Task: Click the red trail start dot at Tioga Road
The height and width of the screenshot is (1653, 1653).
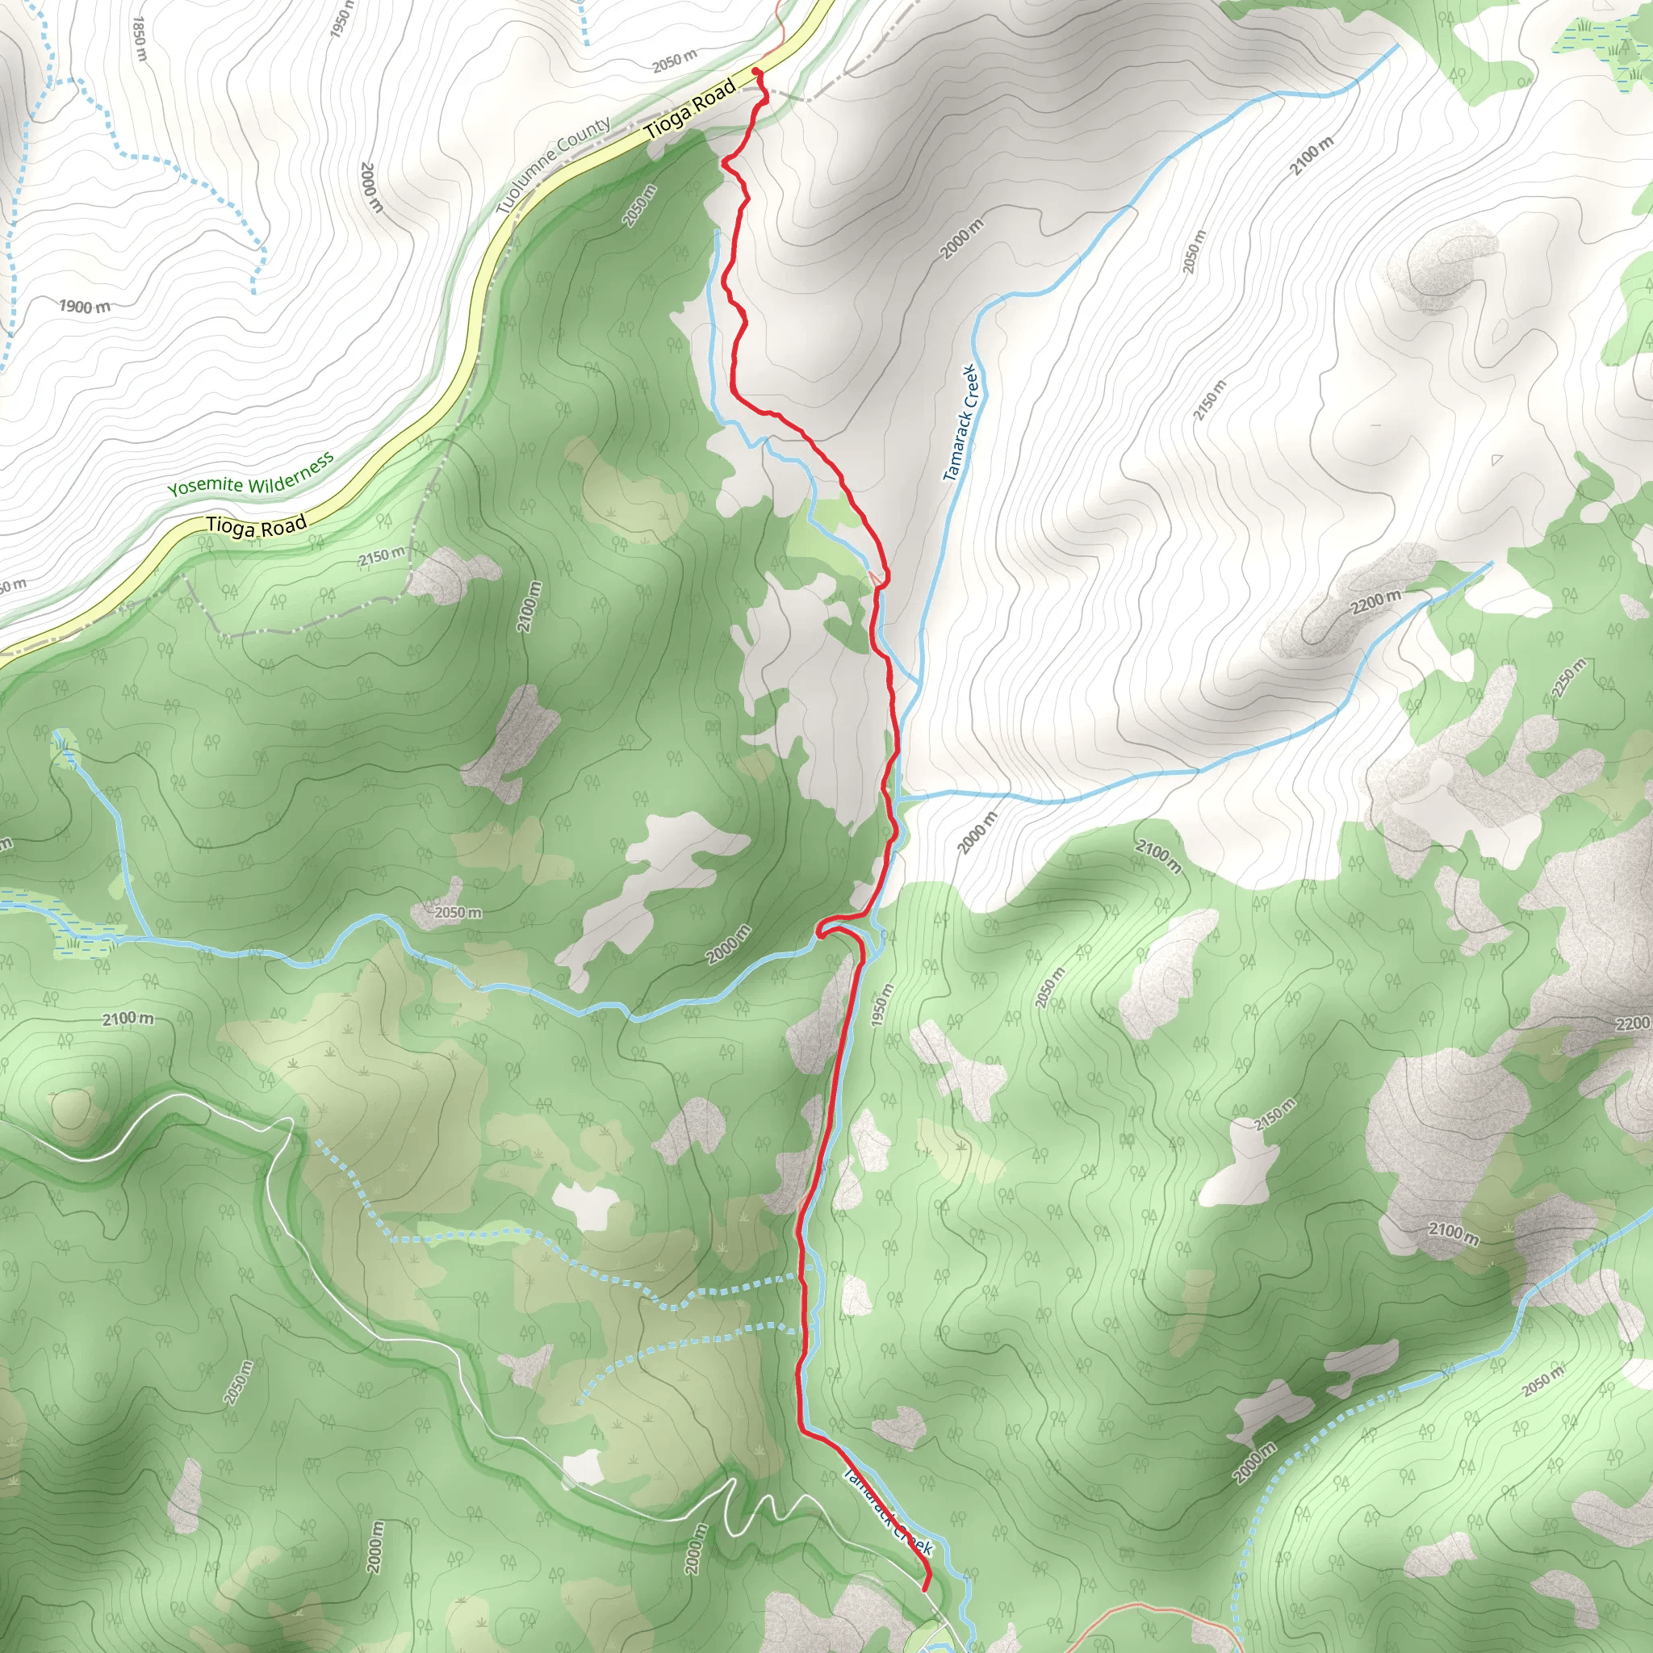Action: click(x=755, y=71)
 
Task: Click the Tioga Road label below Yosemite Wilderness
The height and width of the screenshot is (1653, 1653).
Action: click(x=256, y=526)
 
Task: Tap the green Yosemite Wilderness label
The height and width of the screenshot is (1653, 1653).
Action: click(x=250, y=475)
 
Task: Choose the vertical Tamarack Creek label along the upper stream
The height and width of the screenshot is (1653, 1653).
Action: click(x=964, y=423)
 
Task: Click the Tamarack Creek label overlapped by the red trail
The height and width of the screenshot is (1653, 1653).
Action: click(x=887, y=1511)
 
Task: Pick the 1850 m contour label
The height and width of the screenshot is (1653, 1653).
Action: click(x=141, y=39)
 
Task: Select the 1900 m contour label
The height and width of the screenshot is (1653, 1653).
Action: click(x=85, y=306)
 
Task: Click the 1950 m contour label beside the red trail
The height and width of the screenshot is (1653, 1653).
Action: click(x=881, y=1006)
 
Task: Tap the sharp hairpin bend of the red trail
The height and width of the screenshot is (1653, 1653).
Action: click(x=820, y=930)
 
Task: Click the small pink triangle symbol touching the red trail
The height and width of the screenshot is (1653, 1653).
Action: click(x=876, y=580)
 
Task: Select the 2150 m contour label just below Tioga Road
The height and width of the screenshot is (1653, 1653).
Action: click(x=382, y=557)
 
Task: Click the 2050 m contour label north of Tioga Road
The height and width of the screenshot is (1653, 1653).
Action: click(x=673, y=61)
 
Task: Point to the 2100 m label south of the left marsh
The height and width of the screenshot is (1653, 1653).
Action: click(x=128, y=1019)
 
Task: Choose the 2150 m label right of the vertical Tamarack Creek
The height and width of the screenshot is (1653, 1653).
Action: click(x=1210, y=400)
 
